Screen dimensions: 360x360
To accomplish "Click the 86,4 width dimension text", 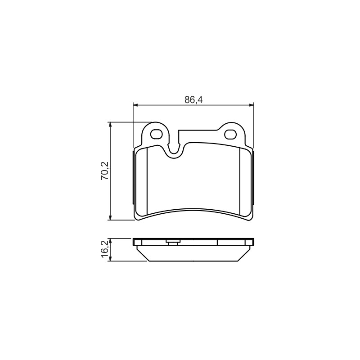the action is pos(193,100).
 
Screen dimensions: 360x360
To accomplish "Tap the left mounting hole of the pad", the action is pos(157,134).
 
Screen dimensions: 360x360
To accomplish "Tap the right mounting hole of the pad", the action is pos(230,134).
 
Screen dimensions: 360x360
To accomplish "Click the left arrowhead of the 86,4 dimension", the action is pos(135,105).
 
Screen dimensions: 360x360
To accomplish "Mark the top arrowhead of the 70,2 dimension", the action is pos(110,124).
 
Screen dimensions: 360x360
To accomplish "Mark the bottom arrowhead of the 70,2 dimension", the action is pos(110,218).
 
